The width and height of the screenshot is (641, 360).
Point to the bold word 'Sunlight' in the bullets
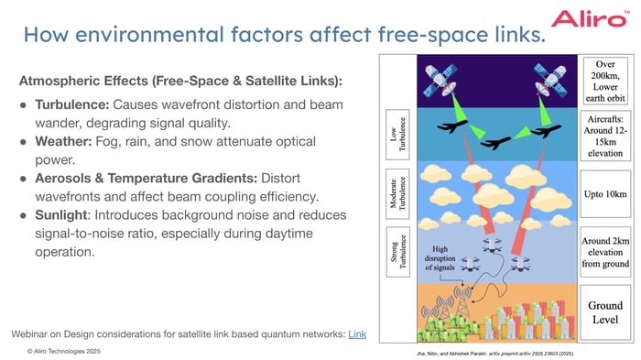[61, 214]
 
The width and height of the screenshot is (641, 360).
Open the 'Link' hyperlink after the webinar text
[357, 333]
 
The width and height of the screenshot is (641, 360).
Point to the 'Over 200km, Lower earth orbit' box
[606, 79]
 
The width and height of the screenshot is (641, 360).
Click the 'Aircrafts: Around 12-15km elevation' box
[606, 137]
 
